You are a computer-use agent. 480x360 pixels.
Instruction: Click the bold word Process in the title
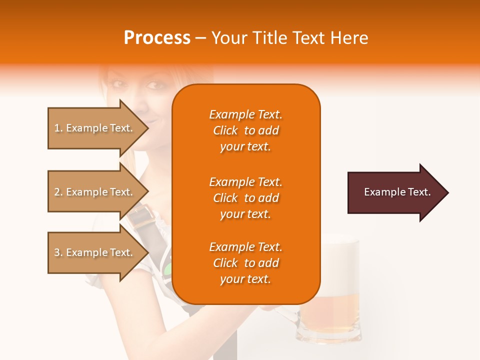[x=157, y=38]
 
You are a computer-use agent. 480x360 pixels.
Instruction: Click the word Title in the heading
[x=270, y=38]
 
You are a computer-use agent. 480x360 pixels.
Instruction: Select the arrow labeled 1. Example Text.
[x=95, y=128]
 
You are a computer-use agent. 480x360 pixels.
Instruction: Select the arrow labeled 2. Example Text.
[x=95, y=192]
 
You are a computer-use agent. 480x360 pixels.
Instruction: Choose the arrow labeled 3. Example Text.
[x=95, y=252]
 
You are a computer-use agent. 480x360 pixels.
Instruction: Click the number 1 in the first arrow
[x=57, y=128]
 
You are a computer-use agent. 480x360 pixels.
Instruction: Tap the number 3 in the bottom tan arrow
[x=57, y=253]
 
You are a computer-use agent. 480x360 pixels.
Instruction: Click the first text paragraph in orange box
[x=245, y=130]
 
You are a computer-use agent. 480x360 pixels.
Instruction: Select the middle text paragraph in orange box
[x=245, y=198]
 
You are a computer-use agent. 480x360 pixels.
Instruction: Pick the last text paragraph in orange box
[x=245, y=263]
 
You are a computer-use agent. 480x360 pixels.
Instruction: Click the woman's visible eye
[x=156, y=84]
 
